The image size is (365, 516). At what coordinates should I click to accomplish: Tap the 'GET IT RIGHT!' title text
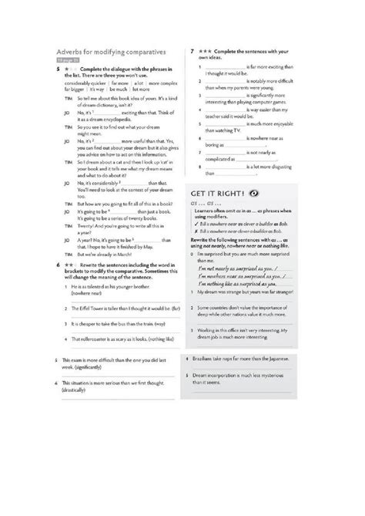[218, 193]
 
